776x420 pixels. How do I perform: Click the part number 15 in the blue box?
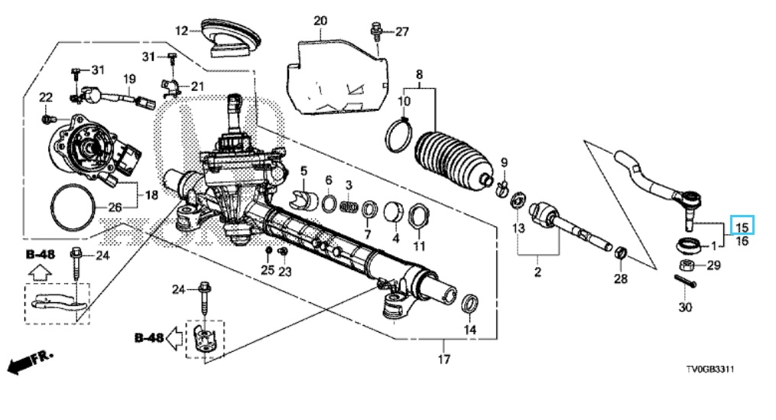point(742,228)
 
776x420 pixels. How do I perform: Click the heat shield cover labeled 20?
point(336,77)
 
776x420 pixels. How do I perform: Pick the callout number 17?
point(444,359)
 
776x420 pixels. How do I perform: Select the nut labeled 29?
point(687,265)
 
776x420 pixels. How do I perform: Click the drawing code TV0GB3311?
point(709,369)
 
